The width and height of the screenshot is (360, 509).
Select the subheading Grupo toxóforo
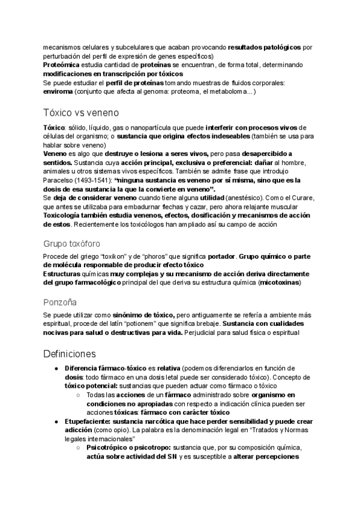(x=71, y=244)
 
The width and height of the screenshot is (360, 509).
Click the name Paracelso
(x=59, y=180)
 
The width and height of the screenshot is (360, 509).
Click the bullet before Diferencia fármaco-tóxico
(x=56, y=368)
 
